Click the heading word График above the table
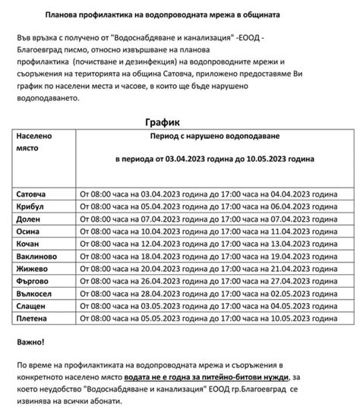pos(166,121)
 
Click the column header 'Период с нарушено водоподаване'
pos(216,136)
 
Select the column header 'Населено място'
pos(34,142)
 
